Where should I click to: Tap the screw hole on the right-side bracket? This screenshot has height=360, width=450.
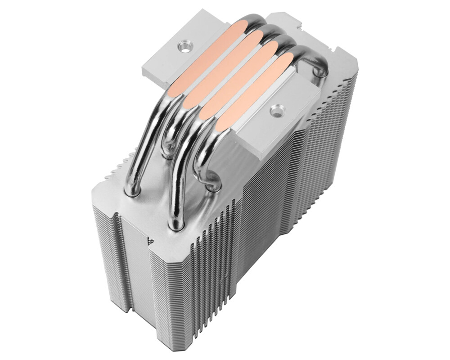tap(275, 109)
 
